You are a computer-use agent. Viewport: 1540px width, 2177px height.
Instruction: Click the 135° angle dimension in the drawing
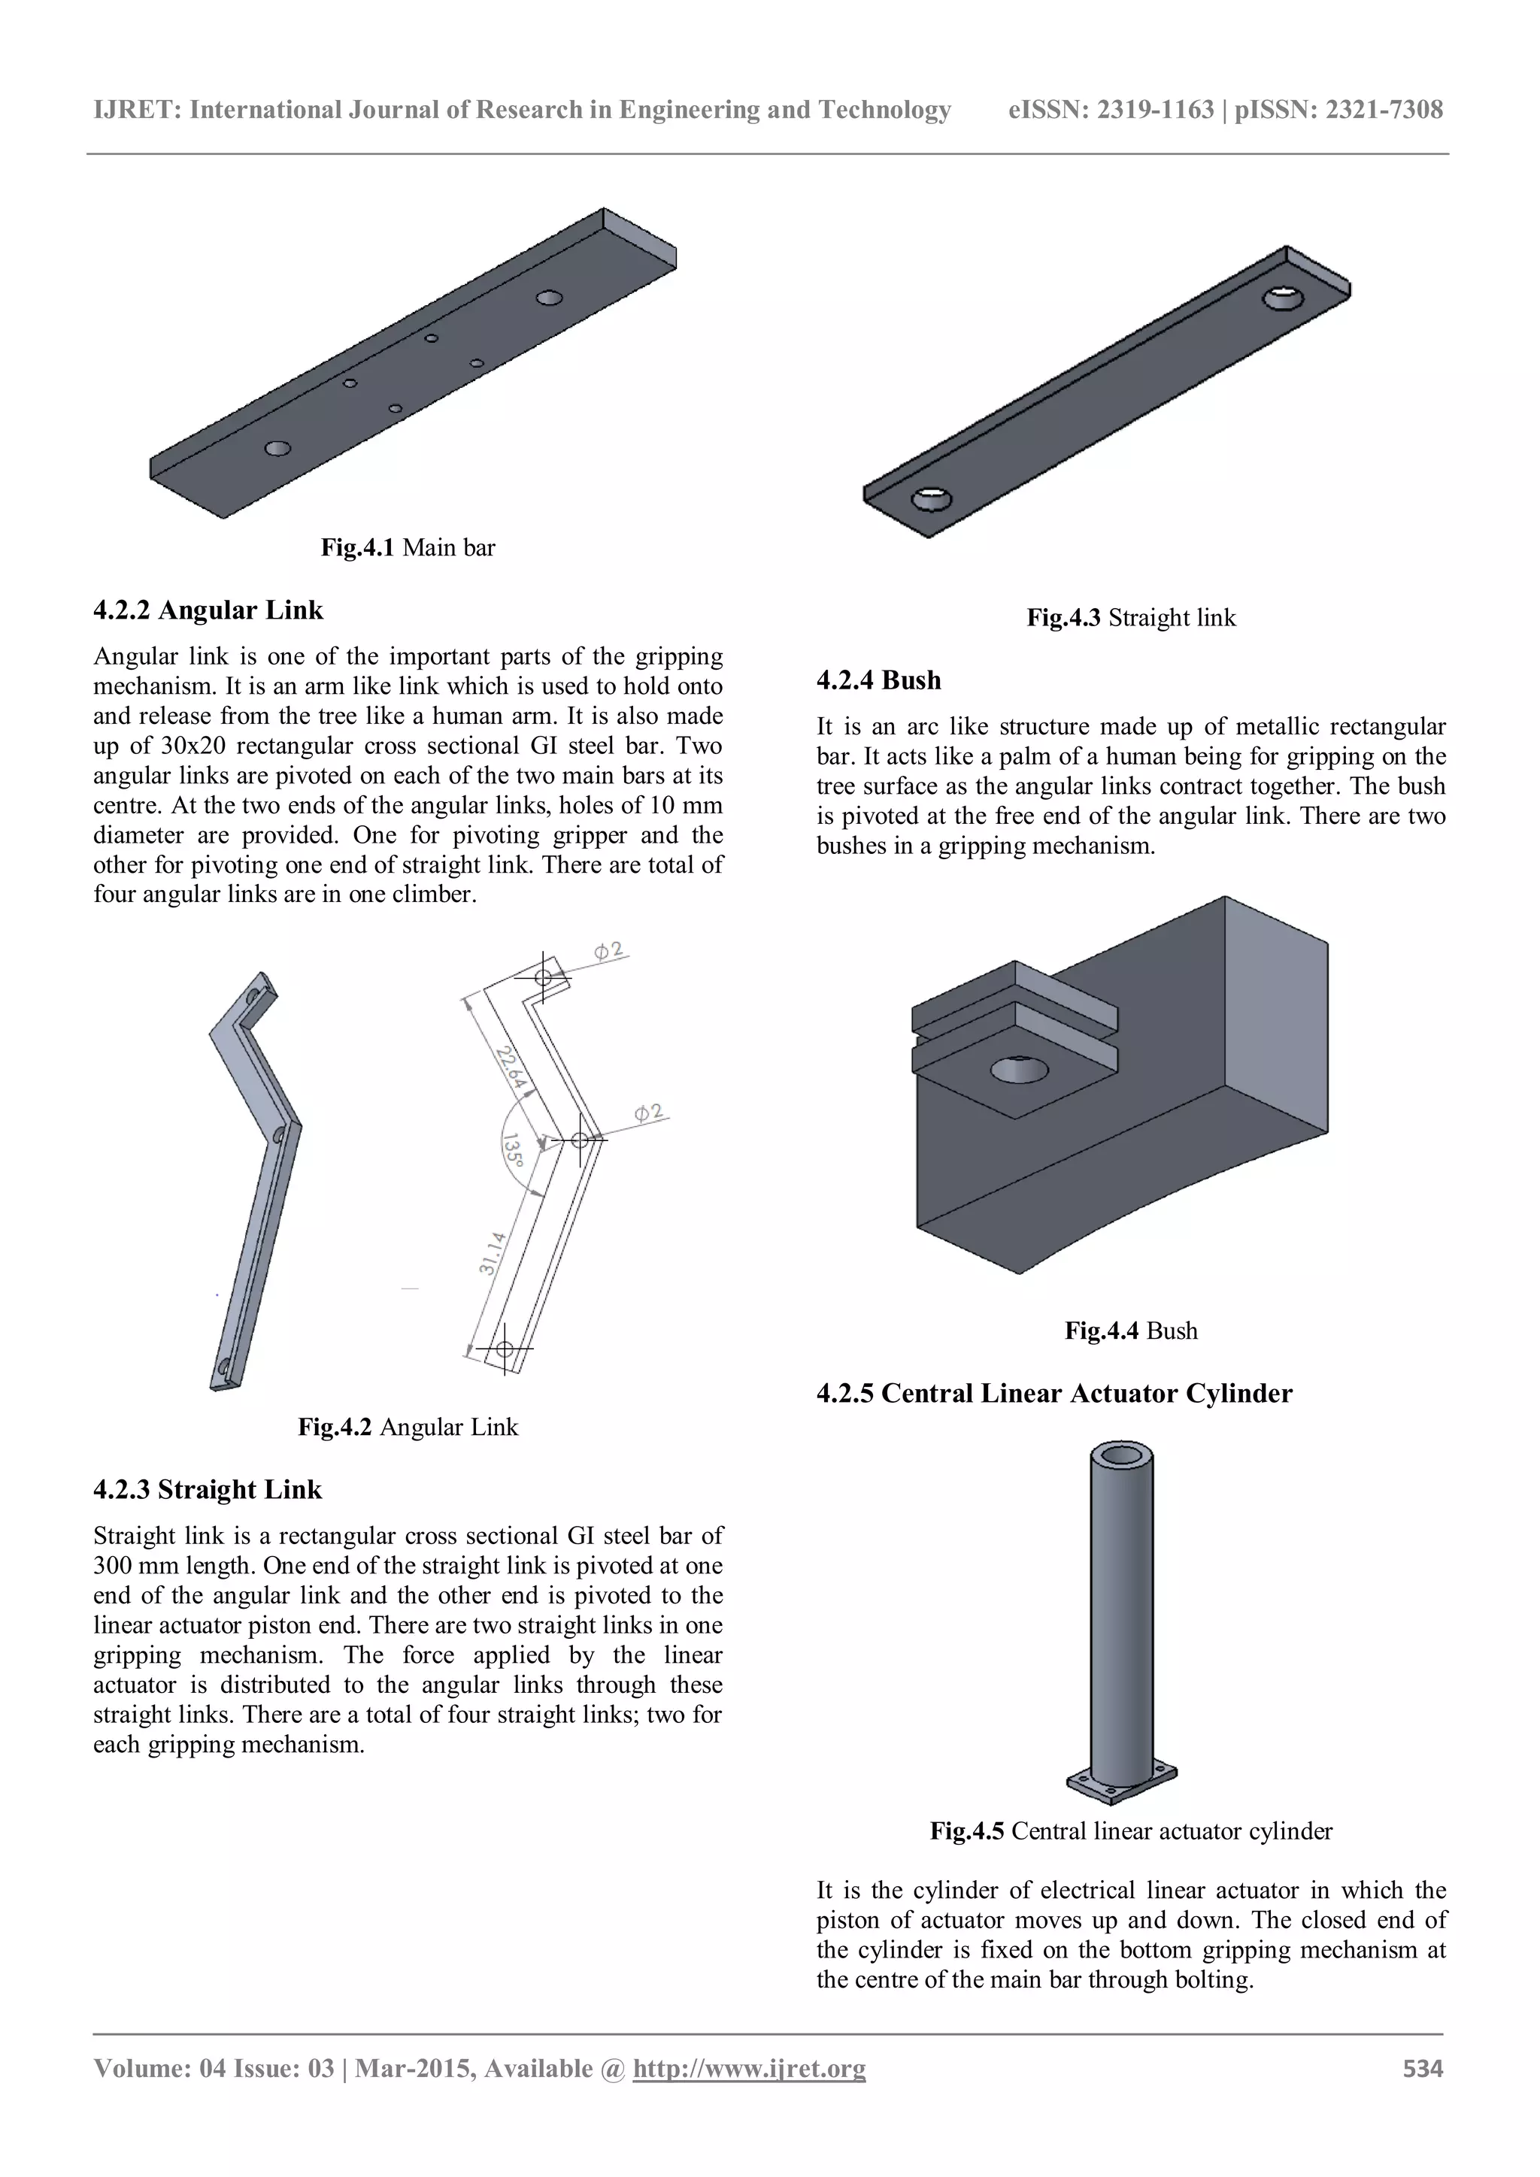click(512, 1149)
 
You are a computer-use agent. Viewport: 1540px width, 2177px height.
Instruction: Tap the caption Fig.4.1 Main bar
click(408, 547)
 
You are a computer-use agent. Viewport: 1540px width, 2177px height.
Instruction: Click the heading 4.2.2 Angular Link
click(208, 610)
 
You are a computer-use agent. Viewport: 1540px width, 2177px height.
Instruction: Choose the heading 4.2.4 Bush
click(878, 680)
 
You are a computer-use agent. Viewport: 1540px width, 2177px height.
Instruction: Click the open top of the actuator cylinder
click(1122, 1455)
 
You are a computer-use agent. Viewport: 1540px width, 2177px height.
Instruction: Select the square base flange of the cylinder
click(1122, 1786)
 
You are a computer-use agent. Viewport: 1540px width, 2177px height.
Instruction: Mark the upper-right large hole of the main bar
click(549, 298)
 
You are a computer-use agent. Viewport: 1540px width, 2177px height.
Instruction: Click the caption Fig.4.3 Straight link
click(1130, 617)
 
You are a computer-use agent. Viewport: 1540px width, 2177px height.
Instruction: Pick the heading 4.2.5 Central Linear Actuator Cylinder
click(1053, 1393)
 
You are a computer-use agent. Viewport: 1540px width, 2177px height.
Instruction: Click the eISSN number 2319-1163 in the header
click(1155, 110)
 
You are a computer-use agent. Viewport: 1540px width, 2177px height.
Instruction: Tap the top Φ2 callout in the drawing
click(609, 949)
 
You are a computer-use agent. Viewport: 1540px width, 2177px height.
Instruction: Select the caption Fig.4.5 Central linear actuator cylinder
click(1130, 1831)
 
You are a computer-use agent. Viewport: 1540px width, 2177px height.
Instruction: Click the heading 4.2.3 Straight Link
click(208, 1490)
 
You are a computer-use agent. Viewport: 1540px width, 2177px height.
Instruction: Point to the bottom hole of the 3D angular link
click(224, 1367)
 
